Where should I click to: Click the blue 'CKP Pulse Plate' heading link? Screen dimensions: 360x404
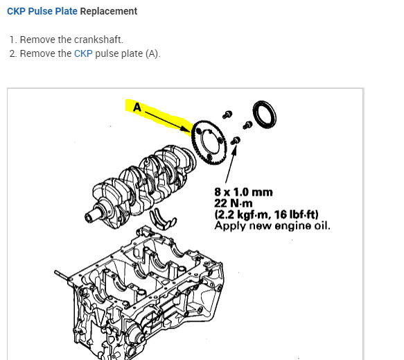[42, 11]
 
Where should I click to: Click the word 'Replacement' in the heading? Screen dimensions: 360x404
[109, 11]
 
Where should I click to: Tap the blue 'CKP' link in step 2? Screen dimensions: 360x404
[82, 53]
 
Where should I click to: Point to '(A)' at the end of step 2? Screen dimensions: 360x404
[152, 53]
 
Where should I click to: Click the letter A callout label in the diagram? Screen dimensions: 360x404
[136, 108]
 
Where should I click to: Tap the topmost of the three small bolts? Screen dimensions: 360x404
[227, 113]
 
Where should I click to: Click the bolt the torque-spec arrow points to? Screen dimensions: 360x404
[237, 142]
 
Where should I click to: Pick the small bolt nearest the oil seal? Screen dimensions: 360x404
[245, 126]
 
